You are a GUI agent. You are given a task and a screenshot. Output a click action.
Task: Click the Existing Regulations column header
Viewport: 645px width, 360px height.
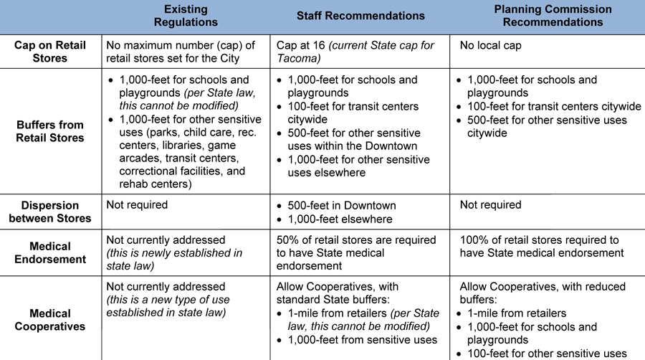point(186,16)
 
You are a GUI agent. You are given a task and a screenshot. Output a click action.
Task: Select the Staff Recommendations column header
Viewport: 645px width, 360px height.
point(360,16)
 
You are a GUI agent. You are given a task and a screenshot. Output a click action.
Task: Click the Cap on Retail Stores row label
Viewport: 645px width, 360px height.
point(50,52)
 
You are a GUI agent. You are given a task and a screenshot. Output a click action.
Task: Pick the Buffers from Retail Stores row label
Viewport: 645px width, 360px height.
point(50,131)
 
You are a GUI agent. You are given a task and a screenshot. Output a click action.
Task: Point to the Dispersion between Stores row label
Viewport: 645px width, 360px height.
point(50,212)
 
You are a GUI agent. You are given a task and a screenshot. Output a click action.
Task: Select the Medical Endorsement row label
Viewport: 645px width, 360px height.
point(50,253)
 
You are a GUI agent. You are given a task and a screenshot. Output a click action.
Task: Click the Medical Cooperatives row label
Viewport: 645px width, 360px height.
point(50,320)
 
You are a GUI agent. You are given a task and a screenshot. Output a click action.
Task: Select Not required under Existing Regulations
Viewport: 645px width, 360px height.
point(137,205)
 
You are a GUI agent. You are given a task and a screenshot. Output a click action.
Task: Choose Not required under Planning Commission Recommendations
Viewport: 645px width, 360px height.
point(491,205)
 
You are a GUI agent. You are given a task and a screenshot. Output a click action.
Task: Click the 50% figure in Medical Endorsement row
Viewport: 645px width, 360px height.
point(290,240)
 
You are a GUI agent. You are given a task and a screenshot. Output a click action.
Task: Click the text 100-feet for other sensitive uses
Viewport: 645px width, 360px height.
point(547,354)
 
